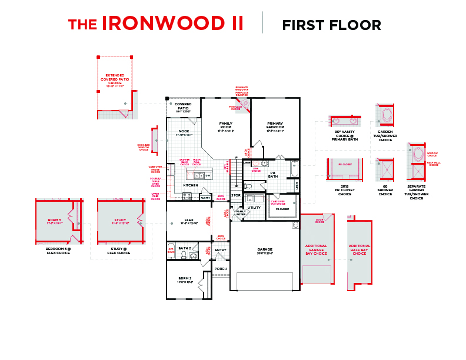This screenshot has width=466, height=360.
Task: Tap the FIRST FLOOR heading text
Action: click(331, 25)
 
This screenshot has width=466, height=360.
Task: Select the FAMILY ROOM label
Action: click(226, 125)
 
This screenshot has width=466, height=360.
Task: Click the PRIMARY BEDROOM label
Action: click(275, 125)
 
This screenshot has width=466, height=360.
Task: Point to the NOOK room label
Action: click(184, 132)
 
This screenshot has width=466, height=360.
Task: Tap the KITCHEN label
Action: click(190, 185)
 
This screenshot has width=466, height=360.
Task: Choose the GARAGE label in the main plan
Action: click(265, 250)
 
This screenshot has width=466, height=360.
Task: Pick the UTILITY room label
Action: click(254, 208)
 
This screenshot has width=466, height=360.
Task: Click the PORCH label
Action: click(221, 269)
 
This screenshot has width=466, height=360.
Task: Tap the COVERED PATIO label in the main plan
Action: click(183, 106)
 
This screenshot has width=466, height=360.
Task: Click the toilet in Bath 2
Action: click(185, 255)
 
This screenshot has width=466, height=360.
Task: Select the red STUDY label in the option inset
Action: click(120, 222)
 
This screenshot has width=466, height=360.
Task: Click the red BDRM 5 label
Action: click(54, 222)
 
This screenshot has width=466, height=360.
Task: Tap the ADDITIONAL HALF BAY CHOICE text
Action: click(359, 249)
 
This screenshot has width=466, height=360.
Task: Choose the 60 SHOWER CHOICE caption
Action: click(385, 192)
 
